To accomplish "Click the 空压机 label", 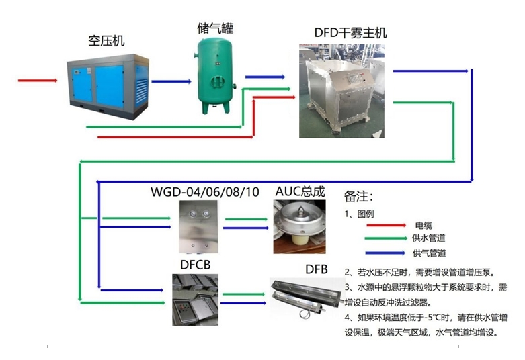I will pyautogui.click(x=106, y=40).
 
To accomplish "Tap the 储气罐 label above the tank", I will pyautogui.click(x=215, y=28).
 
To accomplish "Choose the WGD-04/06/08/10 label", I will pyautogui.click(x=204, y=193).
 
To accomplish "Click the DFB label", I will pyautogui.click(x=316, y=269).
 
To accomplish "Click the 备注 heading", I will pyautogui.click(x=358, y=197).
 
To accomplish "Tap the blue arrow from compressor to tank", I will pyautogui.click(x=171, y=81).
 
